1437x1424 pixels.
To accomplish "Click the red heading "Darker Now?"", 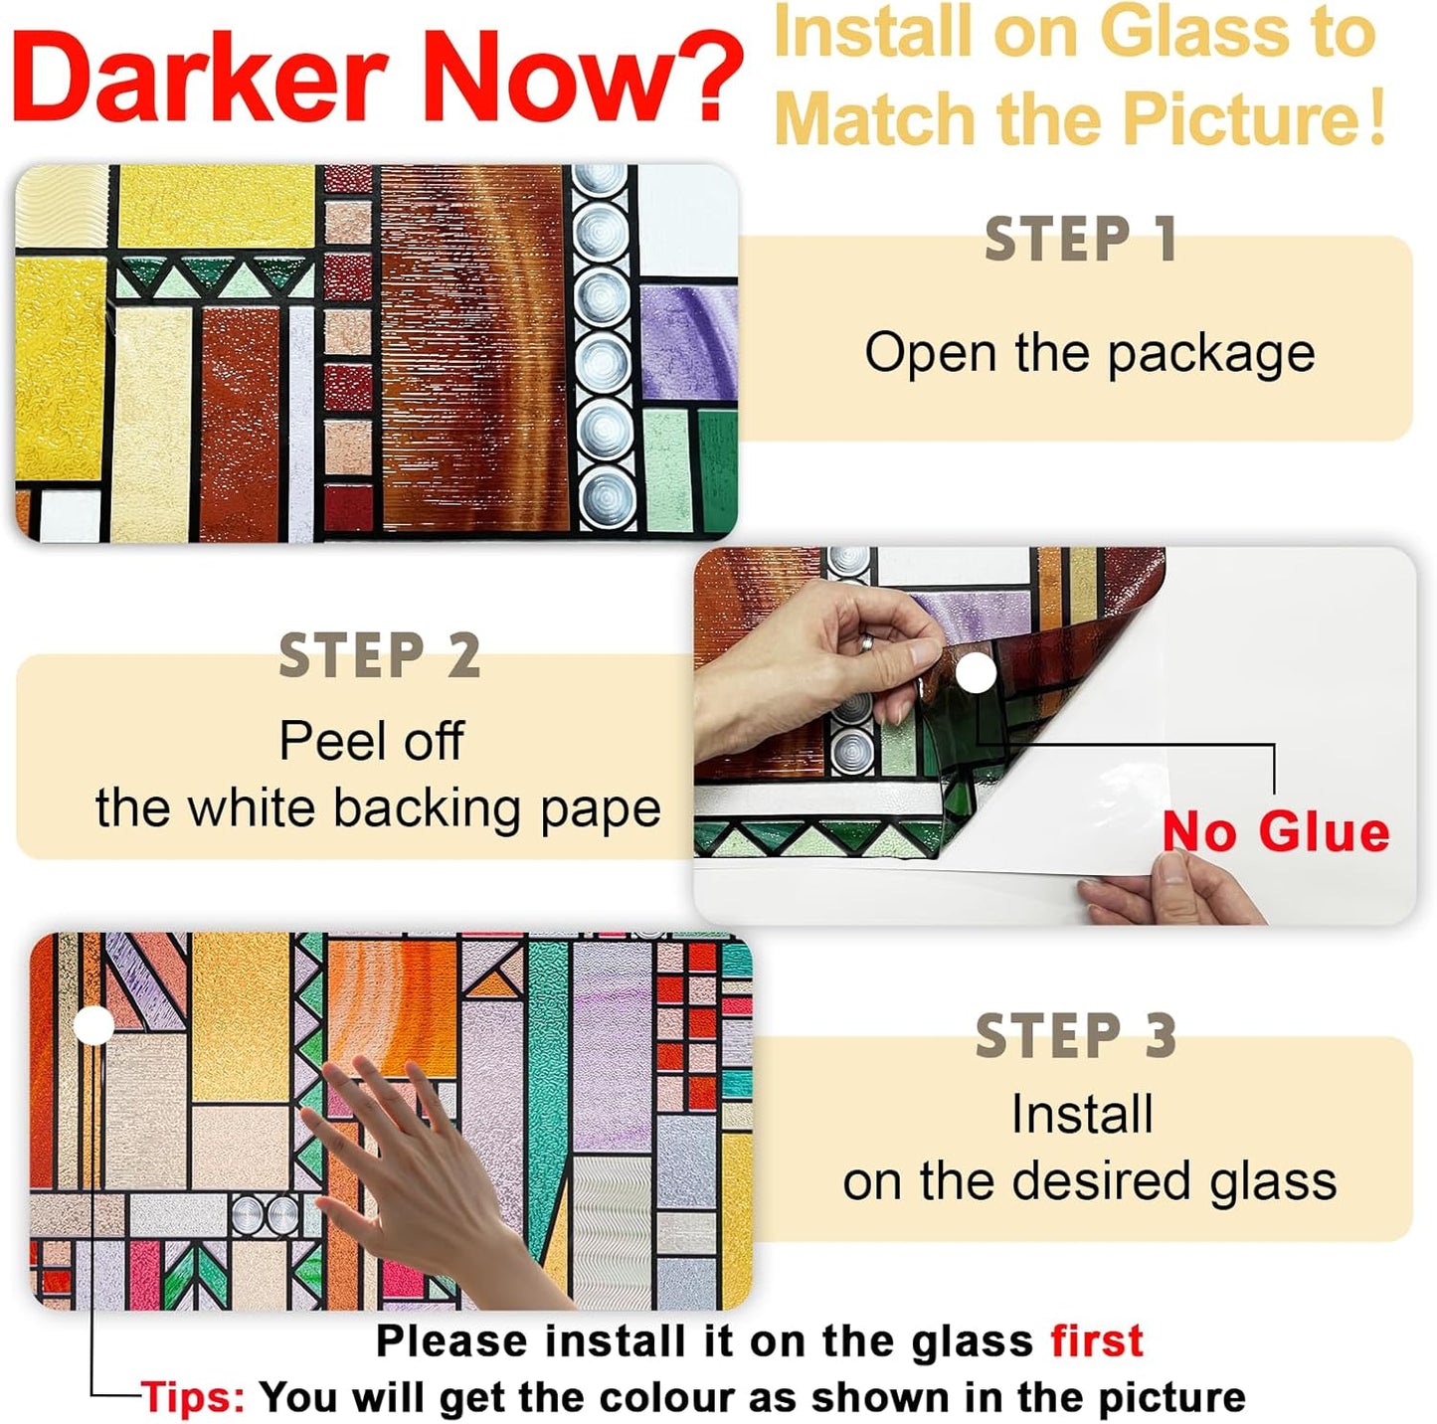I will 376,78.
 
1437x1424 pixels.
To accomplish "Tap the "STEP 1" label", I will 1081,240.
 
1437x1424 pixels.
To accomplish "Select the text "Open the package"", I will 1089,353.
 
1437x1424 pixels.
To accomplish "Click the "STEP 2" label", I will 380,656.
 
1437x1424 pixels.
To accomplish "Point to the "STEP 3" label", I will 1076,1036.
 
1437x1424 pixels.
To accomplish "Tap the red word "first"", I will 1097,1340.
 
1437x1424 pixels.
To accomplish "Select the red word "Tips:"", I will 193,1397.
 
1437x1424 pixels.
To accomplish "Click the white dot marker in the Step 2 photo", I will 977,675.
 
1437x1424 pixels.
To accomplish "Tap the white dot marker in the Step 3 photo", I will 94,1024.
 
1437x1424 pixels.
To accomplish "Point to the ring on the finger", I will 867,643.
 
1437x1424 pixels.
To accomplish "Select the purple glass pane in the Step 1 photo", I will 686,338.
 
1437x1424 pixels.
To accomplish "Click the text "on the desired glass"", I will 1089,1181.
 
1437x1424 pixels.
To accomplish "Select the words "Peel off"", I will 371,741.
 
